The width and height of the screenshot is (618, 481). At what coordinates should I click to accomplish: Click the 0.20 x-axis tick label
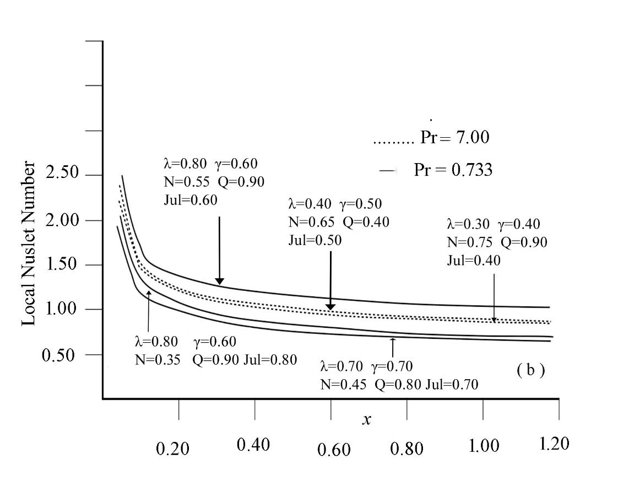[x=172, y=448]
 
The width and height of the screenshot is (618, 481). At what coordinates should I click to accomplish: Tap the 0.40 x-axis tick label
[x=253, y=444]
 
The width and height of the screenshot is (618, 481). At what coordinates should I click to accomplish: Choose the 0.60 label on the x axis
[x=334, y=450]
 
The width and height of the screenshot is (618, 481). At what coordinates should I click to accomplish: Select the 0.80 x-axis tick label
[x=407, y=448]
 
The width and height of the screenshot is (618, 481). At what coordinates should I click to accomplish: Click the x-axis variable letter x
[x=366, y=420]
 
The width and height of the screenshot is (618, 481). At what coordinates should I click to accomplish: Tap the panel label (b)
[x=530, y=370]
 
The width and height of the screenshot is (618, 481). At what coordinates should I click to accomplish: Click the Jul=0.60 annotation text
[x=191, y=199]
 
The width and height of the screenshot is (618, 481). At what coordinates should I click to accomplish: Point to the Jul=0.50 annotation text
[x=315, y=240]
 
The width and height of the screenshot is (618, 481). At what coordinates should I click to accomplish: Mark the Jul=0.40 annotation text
[x=474, y=260]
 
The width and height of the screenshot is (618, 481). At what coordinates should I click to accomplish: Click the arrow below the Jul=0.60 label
[x=219, y=251]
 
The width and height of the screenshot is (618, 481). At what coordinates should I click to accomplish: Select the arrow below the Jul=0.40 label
[x=494, y=298]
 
